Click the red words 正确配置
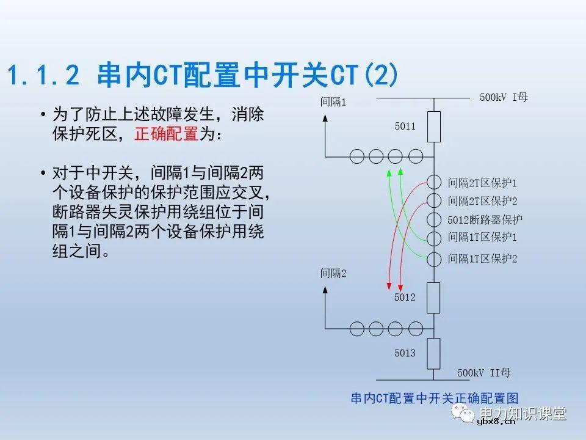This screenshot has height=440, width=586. (166, 134)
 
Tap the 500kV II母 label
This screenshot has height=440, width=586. (483, 373)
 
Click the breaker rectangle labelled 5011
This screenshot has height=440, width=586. (433, 127)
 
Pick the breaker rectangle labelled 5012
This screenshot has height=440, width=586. (433, 298)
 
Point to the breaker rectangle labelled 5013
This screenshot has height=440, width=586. (433, 353)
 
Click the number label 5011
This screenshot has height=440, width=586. (405, 127)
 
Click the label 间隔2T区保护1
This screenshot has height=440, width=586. (482, 183)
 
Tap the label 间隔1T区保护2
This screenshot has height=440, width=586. (482, 258)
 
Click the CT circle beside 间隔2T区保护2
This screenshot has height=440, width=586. (433, 200)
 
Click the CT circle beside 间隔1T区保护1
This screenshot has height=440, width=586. (433, 238)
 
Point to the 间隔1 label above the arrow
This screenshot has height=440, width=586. (333, 102)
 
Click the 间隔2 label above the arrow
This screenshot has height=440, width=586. (333, 274)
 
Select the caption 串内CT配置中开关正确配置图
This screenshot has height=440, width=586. (434, 398)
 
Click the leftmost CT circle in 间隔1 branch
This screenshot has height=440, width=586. (358, 155)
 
